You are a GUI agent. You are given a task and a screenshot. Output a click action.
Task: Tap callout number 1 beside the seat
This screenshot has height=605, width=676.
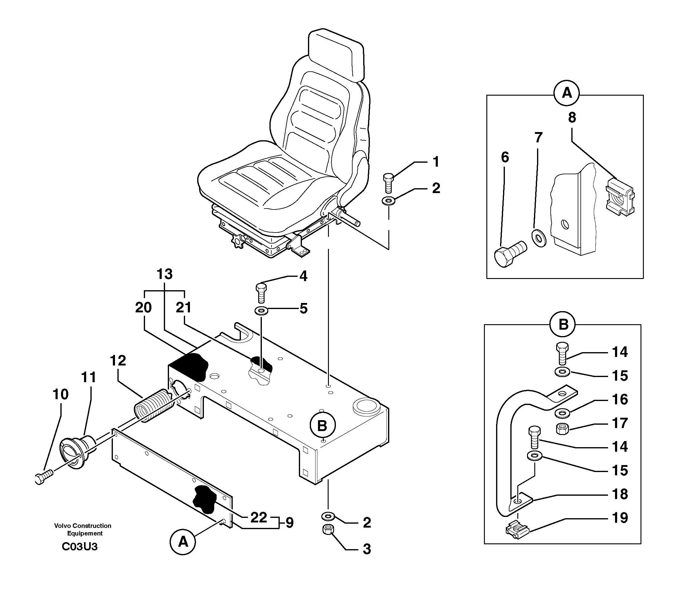coord(436,162)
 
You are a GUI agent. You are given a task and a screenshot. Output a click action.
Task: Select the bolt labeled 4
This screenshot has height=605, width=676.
coord(261,293)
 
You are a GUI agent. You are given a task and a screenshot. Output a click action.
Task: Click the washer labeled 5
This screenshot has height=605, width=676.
coord(262,311)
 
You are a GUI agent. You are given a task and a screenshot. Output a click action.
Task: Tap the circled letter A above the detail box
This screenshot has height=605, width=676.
coord(567,93)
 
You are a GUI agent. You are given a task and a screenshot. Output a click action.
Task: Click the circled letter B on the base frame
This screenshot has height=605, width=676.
coord(322,426)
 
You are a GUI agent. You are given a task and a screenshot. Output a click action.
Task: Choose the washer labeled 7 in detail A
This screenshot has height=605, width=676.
coord(539,238)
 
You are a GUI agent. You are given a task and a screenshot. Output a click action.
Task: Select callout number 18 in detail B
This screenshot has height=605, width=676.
coord(620,494)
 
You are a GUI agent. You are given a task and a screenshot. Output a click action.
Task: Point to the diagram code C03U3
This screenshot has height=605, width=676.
coord(80,546)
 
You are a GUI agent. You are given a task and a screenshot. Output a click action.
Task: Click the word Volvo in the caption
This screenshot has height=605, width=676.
coord(62,525)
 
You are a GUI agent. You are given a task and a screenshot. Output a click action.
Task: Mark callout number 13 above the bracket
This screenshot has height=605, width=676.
coord(164,274)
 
